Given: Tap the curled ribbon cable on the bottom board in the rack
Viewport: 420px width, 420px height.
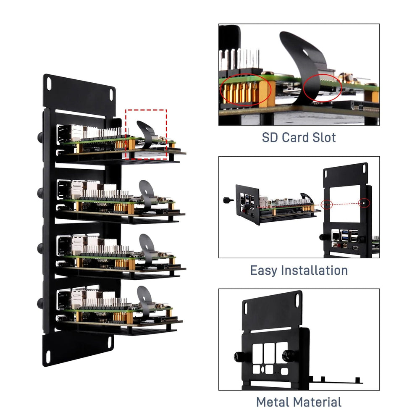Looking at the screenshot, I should pos(144,298).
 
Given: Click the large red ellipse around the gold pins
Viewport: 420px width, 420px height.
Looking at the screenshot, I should pos(245,89).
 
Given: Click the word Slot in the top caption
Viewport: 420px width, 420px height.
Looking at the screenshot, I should pos(322,137).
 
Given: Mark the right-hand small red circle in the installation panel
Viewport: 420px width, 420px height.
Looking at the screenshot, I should pos(365,203).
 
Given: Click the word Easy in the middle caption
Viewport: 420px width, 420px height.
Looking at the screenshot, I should pos(264,270).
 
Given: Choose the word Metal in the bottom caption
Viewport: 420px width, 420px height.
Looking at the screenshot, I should pos(273,402).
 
